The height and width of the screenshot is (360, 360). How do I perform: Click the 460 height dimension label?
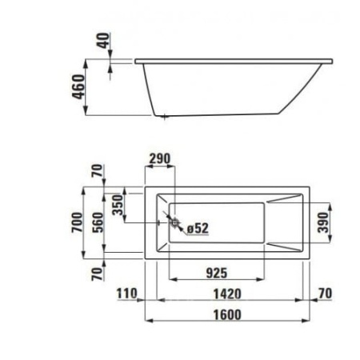click(79, 87)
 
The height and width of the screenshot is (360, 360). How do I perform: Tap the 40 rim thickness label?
click(103, 40)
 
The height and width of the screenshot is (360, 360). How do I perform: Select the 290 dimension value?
click(159, 158)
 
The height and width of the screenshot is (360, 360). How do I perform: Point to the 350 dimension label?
click(118, 205)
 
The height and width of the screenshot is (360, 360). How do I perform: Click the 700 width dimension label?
click(78, 222)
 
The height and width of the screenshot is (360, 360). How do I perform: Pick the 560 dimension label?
click(98, 222)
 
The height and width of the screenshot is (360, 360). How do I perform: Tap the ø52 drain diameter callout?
click(198, 228)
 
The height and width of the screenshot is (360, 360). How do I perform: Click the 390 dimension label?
click(323, 222)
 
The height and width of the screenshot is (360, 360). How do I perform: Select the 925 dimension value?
click(217, 273)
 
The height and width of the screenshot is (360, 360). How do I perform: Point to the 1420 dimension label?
click(227, 294)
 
